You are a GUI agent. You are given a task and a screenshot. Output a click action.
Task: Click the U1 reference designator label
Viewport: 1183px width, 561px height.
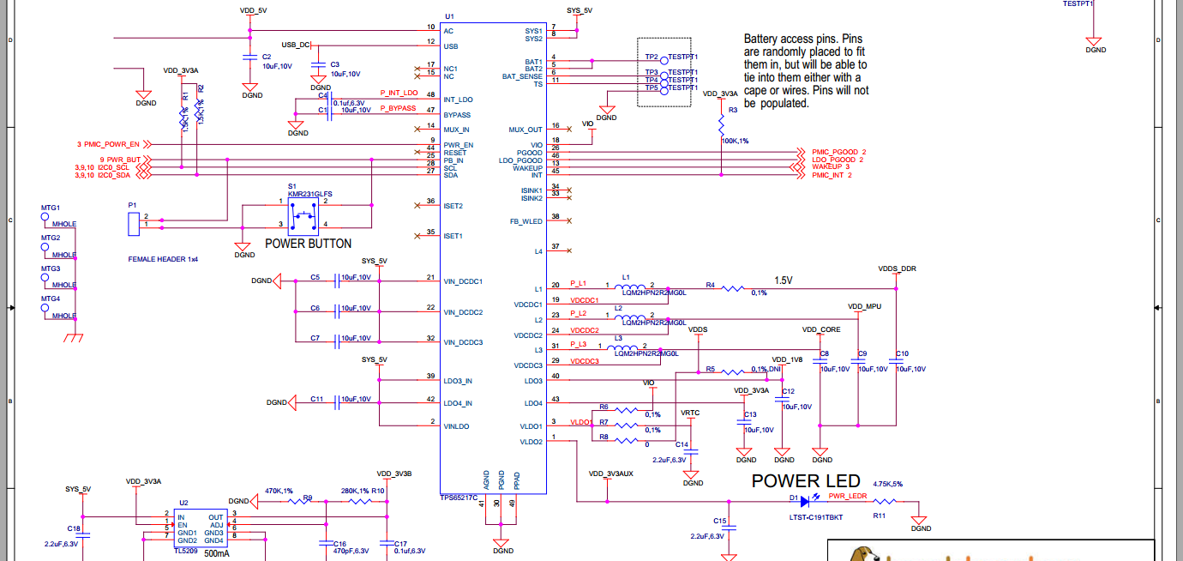(449, 17)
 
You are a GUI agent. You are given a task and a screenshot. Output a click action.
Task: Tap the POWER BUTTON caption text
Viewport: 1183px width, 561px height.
(308, 244)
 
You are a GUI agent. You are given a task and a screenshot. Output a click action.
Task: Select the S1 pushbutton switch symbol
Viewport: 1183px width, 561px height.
(301, 217)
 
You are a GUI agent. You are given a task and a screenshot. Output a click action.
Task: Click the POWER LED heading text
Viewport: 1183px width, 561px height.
(806, 481)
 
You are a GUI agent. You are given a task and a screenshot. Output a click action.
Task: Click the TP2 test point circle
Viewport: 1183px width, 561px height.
(664, 61)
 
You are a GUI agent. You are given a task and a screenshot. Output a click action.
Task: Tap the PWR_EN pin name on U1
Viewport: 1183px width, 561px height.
(459, 145)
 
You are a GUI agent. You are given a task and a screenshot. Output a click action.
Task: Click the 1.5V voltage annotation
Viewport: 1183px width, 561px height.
(784, 280)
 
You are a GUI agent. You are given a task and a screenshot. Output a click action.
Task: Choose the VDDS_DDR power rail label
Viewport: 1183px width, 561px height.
(897, 268)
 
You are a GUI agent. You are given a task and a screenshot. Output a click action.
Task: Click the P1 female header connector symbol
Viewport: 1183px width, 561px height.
(133, 225)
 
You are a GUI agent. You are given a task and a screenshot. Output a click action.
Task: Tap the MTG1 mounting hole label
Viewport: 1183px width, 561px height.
(51, 208)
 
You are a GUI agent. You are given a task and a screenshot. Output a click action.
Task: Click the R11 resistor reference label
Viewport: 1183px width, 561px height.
(879, 516)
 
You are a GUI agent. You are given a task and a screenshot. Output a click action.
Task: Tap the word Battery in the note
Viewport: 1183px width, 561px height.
(762, 39)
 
